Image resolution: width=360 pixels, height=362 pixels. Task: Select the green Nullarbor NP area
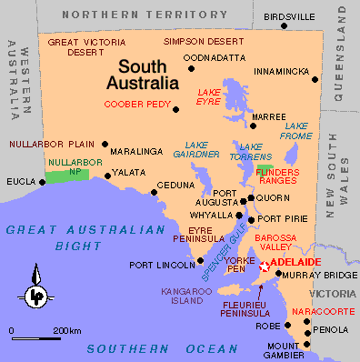coord(67,174)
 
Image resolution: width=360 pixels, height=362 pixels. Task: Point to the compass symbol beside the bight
coord(35,294)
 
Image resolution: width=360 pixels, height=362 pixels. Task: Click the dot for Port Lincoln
coord(201,260)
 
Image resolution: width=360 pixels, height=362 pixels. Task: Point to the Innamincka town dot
coord(315,79)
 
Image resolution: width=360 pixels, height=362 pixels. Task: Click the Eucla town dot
coord(42,181)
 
